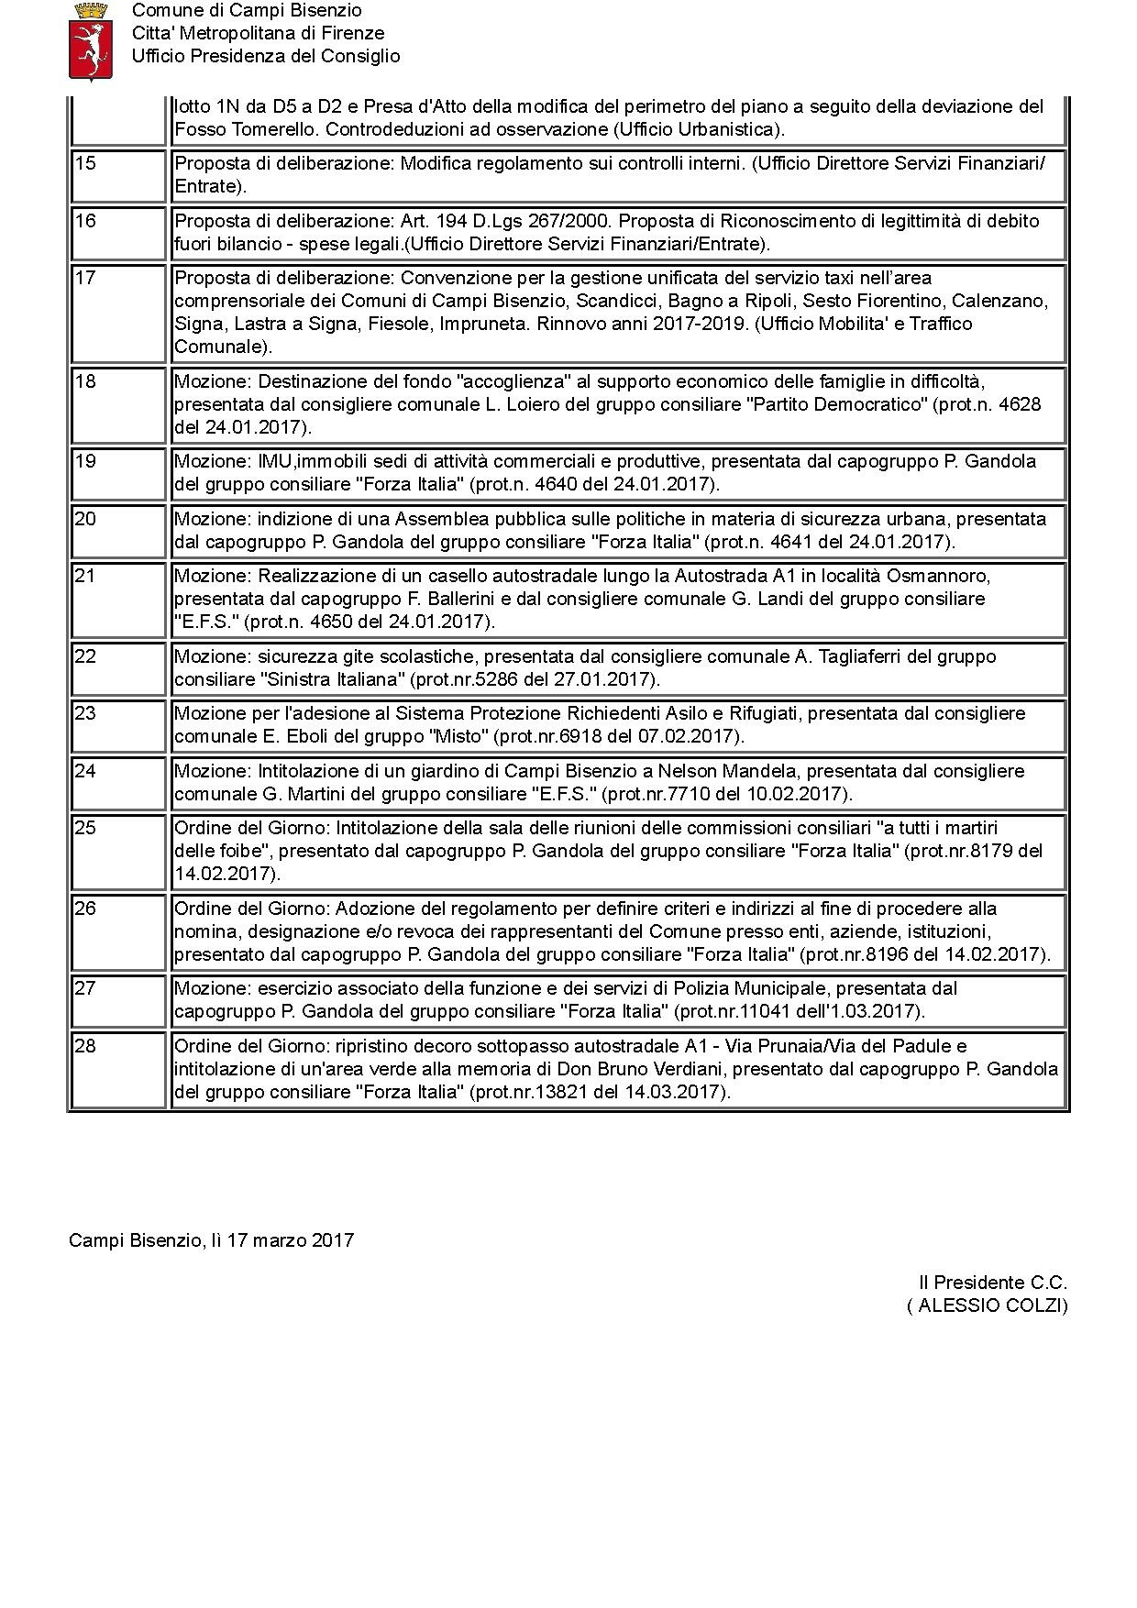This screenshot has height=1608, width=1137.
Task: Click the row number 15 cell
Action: coord(84,164)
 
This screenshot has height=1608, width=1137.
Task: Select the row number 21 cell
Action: coord(84,577)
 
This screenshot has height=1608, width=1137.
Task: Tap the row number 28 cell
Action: coord(84,1047)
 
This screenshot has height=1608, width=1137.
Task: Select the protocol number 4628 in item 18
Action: coord(1021,404)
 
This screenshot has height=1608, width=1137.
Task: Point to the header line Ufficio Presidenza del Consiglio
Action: coord(266,56)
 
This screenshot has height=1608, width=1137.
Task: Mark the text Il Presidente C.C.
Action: coord(993,1283)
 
